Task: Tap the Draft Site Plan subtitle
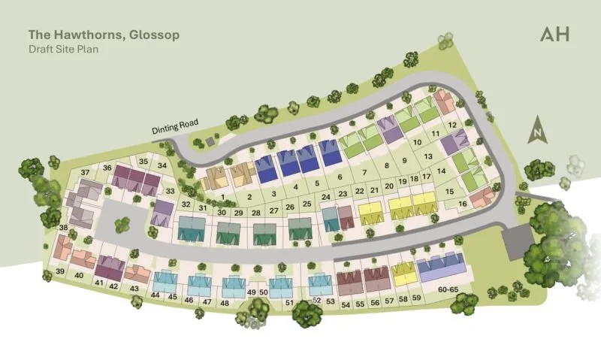point(64,49)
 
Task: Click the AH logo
point(554,34)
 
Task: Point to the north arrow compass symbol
point(536,130)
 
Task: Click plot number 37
point(85,172)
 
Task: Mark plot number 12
point(452,125)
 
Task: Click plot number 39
point(59,271)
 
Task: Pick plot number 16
point(463,204)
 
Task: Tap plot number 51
point(289,303)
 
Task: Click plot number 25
point(307,204)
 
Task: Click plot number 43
point(134,289)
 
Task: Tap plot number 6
point(340,177)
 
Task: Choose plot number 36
point(107,168)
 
